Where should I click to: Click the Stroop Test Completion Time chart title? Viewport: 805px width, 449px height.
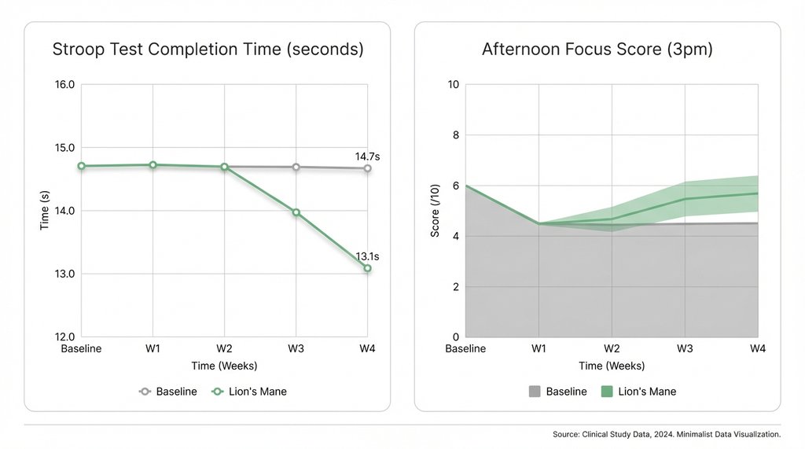208,50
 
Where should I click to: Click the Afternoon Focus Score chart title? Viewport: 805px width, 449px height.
597,50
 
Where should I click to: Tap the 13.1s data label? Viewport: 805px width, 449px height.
367,256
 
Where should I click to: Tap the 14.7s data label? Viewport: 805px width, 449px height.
367,156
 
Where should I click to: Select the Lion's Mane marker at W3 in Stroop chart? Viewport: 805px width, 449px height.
296,212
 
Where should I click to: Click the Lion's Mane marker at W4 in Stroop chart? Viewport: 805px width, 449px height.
367,268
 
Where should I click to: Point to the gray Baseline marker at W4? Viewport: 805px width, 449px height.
367,168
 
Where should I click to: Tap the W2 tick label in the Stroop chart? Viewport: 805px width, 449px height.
224,348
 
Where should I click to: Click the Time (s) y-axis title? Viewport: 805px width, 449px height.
45,211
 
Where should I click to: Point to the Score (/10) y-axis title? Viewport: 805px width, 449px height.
434,211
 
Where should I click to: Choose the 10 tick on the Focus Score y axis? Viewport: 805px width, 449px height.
452,85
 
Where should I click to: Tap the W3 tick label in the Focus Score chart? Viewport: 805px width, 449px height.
685,348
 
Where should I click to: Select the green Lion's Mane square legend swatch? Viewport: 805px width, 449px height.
606,392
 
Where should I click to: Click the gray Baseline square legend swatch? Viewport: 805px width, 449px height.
534,392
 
